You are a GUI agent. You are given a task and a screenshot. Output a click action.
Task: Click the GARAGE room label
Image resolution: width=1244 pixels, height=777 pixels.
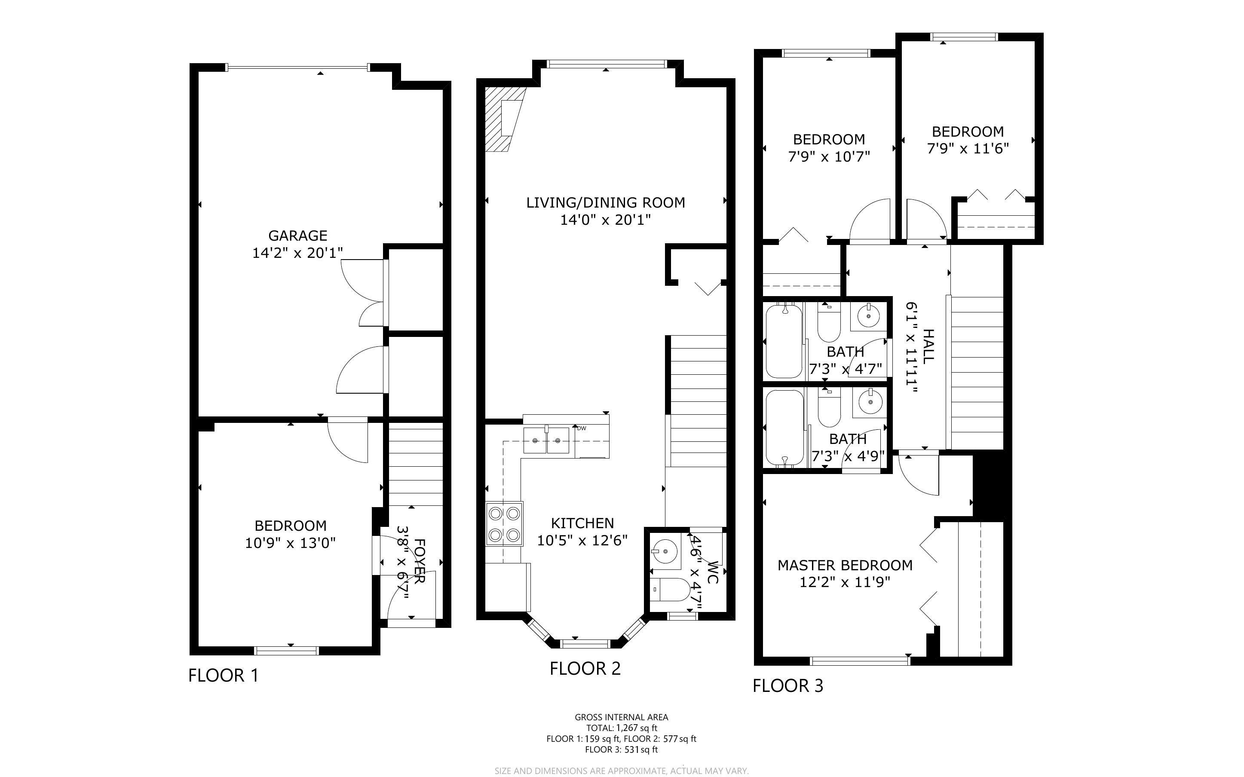click(297, 236)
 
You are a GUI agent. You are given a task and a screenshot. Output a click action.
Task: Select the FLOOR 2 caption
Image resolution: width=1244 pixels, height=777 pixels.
click(585, 669)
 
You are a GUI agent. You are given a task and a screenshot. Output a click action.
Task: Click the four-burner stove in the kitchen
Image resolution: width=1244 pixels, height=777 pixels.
click(504, 524)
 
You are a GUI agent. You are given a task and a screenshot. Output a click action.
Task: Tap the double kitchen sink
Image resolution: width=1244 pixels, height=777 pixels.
click(546, 441)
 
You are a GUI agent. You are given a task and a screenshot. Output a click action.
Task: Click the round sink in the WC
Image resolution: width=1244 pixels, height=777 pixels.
click(665, 551)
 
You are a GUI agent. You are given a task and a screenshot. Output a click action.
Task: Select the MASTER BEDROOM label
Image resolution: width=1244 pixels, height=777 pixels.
click(845, 565)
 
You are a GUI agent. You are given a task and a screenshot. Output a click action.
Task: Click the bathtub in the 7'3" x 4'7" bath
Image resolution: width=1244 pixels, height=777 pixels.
click(784, 341)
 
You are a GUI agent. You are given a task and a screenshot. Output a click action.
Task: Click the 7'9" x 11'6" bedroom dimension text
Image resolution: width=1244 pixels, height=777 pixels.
click(968, 149)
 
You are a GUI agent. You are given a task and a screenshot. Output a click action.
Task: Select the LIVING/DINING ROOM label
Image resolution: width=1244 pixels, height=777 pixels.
click(605, 202)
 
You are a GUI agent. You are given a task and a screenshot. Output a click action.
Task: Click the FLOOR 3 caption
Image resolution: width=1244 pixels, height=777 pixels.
click(788, 685)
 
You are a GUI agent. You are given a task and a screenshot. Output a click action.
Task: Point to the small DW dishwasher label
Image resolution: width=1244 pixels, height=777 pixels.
click(582, 428)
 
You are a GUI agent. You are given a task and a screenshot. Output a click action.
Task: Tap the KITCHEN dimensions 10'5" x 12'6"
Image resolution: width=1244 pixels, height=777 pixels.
click(582, 541)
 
